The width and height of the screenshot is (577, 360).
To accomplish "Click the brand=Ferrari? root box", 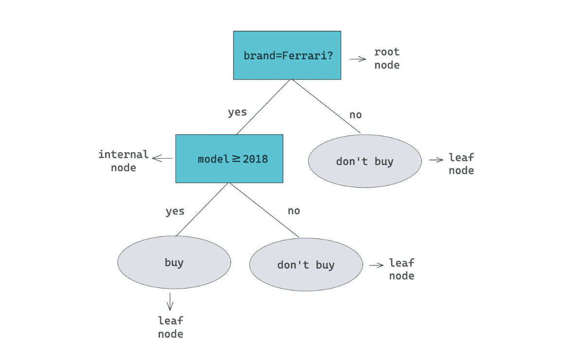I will click(x=287, y=55).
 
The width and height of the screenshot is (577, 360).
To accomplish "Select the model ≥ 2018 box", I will click(x=229, y=159).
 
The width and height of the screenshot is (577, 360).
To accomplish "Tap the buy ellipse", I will click(x=174, y=263).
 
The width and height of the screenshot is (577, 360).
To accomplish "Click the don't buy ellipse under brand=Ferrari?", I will click(x=365, y=162).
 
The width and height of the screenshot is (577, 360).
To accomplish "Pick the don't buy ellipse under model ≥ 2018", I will click(x=306, y=265).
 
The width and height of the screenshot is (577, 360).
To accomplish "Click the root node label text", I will click(x=387, y=58).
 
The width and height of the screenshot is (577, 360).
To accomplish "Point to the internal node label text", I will click(x=124, y=161).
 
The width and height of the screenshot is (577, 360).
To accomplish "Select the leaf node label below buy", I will click(x=171, y=327).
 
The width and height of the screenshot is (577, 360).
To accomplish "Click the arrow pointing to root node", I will click(x=358, y=59).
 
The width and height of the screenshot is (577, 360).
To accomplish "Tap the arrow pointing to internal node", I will click(x=162, y=158).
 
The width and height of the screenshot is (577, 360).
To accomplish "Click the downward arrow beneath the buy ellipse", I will click(x=170, y=301).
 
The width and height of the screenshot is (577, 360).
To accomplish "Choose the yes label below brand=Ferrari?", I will click(x=237, y=112).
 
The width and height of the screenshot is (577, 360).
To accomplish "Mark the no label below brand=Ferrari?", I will click(x=356, y=115).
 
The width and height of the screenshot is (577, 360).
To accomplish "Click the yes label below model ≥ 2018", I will click(x=175, y=212).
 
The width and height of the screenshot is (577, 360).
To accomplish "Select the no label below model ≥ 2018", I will click(x=294, y=211).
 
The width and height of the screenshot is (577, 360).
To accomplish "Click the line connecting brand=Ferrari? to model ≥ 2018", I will click(x=264, y=107).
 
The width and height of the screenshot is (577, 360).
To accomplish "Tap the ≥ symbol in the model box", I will click(x=236, y=159).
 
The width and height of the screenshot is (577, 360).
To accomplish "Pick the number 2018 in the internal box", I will click(x=255, y=159).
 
